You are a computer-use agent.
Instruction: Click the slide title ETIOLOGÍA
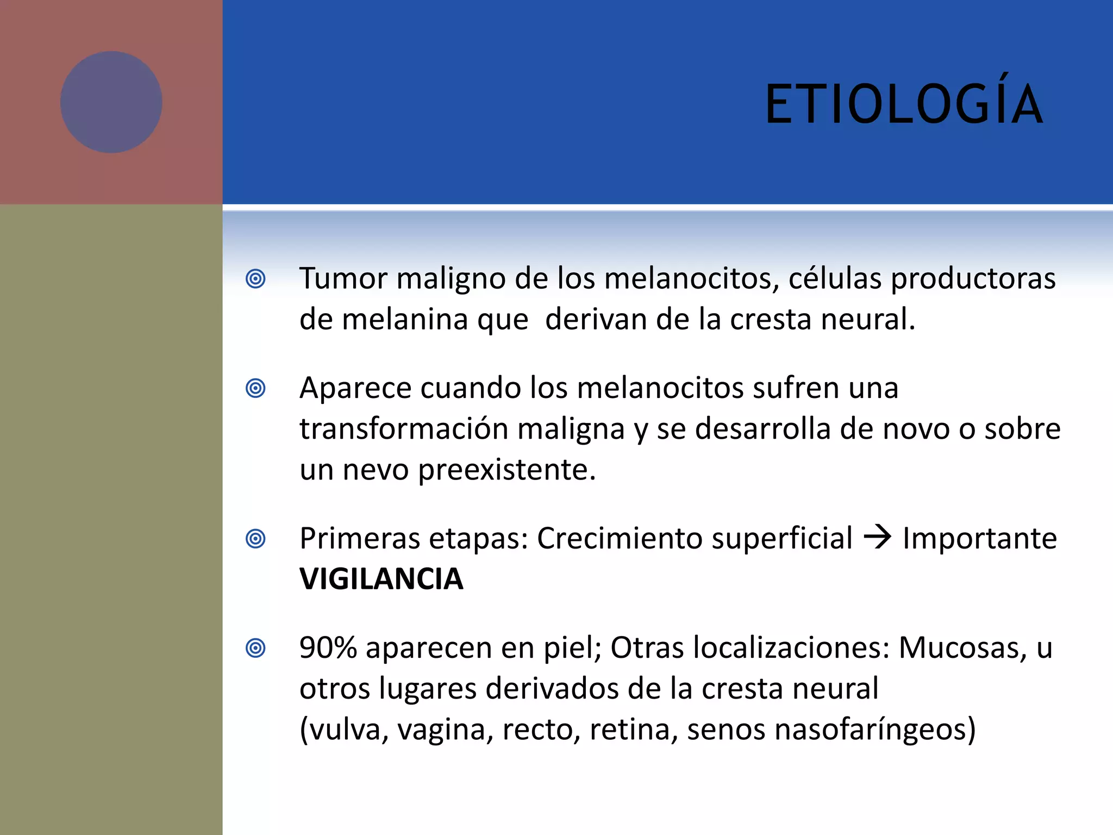[903, 104]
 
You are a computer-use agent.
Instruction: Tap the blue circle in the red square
[111, 102]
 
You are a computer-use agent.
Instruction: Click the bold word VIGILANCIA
[381, 579]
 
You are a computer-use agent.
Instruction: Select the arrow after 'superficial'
[877, 538]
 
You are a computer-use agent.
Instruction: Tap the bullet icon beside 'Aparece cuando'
[255, 389]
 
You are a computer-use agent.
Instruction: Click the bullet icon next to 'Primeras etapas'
[255, 539]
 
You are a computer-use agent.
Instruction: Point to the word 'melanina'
[405, 320]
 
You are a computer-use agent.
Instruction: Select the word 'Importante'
[979, 539]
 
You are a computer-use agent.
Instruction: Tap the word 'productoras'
[973, 279]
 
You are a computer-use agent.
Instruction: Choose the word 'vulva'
[345, 730]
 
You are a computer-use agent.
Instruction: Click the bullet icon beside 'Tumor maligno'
[255, 279]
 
